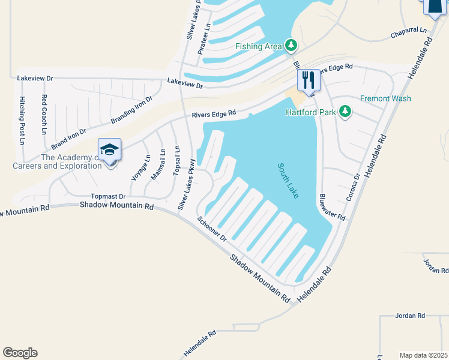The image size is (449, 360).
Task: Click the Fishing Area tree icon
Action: click(291, 45)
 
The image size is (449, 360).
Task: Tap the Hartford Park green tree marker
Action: click(345, 112)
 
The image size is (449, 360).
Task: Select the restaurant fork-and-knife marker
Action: click(309, 80)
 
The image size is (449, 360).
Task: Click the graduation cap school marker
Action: click(110, 150)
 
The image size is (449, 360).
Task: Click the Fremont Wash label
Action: click(385, 98)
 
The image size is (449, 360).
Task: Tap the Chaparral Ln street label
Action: click(408, 29)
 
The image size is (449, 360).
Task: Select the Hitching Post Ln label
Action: click(22, 120)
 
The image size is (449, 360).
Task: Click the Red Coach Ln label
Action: click(44, 113)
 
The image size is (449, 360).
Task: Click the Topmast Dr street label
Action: click(108, 196)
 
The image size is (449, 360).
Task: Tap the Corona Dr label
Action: click(353, 188)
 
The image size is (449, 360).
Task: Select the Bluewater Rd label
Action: click(332, 206)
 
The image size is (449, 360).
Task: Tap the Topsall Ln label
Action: click(176, 160)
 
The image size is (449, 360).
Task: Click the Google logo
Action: click(20, 353)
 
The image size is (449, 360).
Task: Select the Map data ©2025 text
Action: click(424, 355)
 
